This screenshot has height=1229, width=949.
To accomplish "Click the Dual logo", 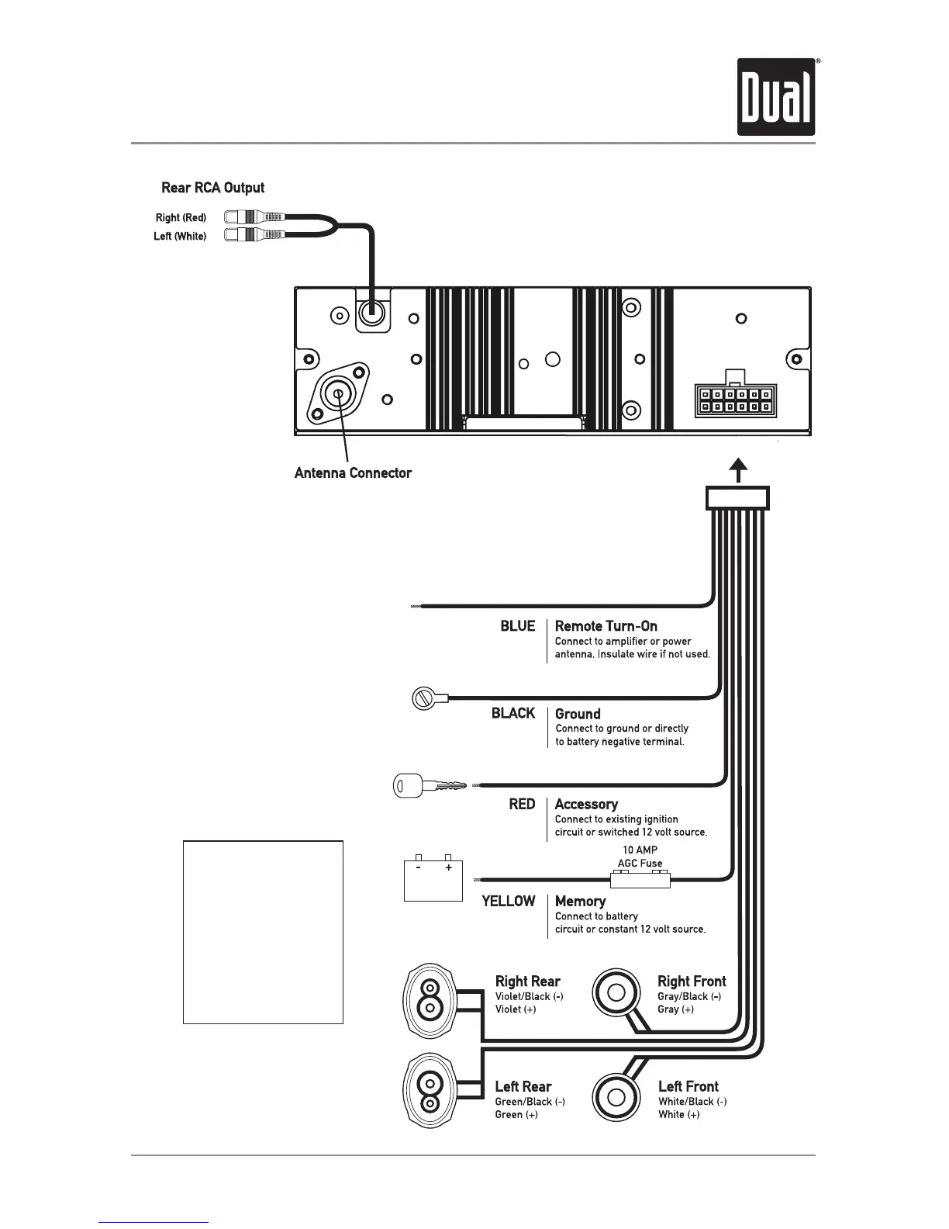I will tap(775, 97).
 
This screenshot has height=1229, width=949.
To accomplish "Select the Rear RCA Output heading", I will tap(212, 188).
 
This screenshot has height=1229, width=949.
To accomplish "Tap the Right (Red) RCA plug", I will tap(255, 217).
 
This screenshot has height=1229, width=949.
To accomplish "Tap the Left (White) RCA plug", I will tap(255, 235).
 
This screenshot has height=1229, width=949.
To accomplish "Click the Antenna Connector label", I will tap(353, 473).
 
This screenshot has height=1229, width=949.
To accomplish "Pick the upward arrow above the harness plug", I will tap(739, 470).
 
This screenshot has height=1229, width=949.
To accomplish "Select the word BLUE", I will tap(517, 626).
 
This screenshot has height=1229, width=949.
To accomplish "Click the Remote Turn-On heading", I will tap(606, 626).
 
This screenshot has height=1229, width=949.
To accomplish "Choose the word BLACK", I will tap(512, 713).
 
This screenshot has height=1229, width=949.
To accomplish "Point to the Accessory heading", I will tap(586, 805).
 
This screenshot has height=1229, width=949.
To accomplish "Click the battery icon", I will tap(433, 878).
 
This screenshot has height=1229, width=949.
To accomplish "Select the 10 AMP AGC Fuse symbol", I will tap(640, 878).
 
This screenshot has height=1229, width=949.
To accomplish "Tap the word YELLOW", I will tap(508, 901).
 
